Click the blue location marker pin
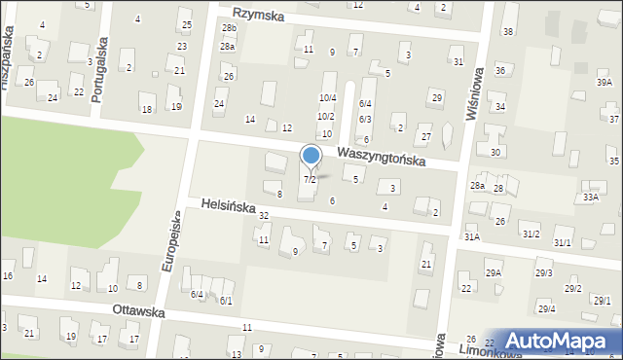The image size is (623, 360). click(311, 157)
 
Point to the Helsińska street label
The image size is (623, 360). click(228, 206)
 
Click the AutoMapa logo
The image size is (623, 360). click(564, 340)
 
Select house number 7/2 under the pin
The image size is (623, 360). click(310, 180)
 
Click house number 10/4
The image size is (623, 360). click(328, 97)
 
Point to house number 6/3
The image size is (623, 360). click(365, 119)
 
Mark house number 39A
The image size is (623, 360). click(605, 83)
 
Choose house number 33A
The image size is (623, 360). click(590, 197)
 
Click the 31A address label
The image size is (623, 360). click(471, 236)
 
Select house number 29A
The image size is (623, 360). click(494, 273)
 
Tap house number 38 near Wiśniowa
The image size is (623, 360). click(508, 32)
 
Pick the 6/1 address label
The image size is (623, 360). click(225, 301)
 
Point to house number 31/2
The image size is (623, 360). click(531, 234)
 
